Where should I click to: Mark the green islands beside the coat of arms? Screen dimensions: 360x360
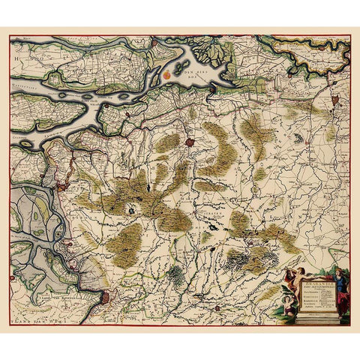180,69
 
